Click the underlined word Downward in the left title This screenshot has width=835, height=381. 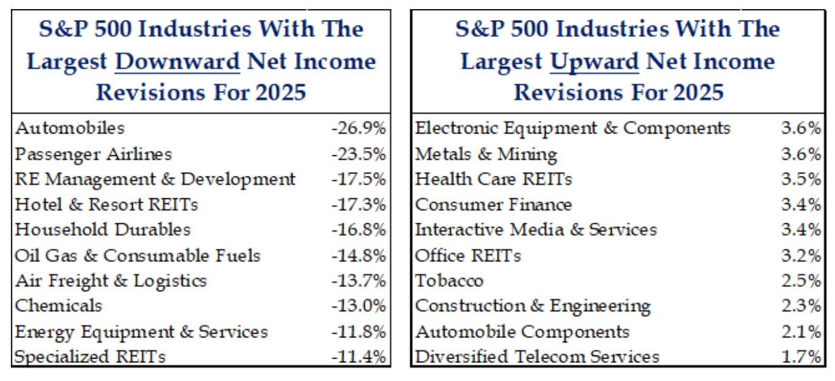177,62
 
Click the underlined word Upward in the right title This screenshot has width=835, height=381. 594,62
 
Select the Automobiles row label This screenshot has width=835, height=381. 70,128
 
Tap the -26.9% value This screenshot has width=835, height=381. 359,129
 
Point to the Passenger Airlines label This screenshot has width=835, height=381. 93,154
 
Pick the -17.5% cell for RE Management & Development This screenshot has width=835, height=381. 359,180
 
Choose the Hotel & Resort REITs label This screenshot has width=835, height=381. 106,204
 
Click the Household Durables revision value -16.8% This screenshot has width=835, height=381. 359,230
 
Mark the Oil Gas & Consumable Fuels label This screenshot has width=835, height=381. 138,255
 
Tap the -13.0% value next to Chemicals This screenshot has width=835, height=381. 359,306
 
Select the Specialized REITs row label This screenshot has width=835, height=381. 90,357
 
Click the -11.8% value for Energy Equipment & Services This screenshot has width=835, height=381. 359,332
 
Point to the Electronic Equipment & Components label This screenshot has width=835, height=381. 573,128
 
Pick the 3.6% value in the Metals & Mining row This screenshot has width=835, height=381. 801,154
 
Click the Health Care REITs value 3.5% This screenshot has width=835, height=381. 801,180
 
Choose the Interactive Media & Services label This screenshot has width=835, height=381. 536,230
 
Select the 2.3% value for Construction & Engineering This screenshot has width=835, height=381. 801,306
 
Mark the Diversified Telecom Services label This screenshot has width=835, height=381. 537,357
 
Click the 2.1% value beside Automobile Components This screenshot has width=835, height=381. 801,332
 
